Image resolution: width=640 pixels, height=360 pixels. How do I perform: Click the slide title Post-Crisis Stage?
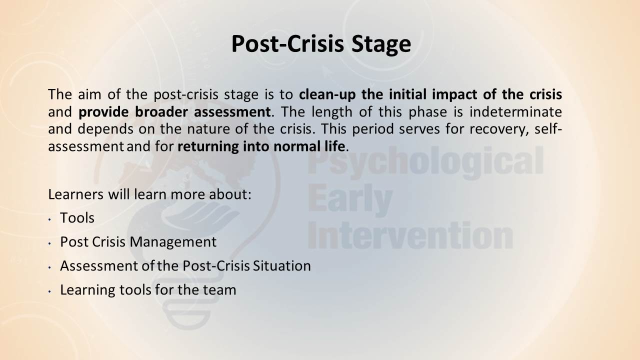point(321,44)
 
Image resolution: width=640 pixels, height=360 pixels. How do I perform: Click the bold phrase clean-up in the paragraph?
point(327,94)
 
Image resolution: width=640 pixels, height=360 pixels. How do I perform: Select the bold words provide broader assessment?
point(174,112)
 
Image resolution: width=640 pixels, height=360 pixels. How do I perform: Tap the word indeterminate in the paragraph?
point(515,111)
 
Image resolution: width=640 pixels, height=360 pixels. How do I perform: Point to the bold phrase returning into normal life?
point(261,146)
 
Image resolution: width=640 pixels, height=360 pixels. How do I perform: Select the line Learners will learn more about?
point(149,194)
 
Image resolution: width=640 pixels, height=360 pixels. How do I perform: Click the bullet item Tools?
point(77,218)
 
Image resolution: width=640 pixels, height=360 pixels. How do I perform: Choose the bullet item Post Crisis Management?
point(138,242)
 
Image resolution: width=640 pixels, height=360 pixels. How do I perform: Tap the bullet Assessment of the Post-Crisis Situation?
point(185,266)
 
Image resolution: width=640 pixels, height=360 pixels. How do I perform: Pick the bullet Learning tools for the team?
point(148,290)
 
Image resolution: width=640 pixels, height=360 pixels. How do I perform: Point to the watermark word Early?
point(350,200)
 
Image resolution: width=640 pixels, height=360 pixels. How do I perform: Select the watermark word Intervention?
point(410,235)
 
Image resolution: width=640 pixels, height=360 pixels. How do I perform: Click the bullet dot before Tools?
point(49,219)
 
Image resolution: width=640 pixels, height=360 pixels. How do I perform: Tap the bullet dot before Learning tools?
point(49,291)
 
